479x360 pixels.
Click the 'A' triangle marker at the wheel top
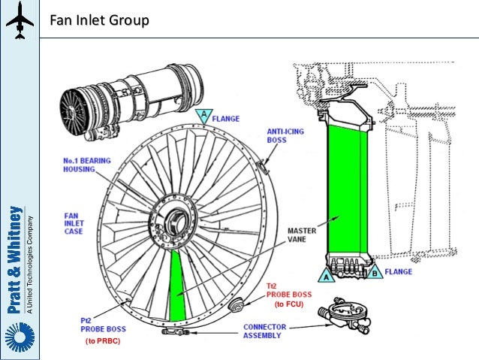point(201,115)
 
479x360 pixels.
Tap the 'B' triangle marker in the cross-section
point(375,275)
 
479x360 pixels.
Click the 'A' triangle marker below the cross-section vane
point(327,276)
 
